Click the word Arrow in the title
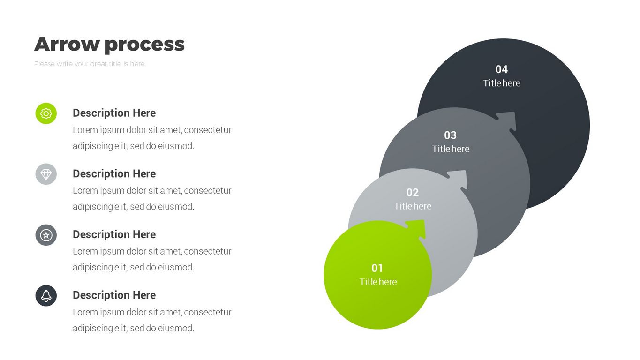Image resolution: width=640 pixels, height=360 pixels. coord(67,44)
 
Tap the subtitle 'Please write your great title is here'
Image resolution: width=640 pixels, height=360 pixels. coord(89,64)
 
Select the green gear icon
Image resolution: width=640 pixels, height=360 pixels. coord(46,113)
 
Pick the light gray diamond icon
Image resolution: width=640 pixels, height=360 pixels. coord(46,174)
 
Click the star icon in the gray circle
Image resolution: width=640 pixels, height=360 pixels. coord(46,235)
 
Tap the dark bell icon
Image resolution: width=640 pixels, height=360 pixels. coord(46,296)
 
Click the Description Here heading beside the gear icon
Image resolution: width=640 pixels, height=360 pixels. coord(114,113)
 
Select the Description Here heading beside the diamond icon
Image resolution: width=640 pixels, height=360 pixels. coord(114,174)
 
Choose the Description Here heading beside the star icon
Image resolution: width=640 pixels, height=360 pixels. coord(114,234)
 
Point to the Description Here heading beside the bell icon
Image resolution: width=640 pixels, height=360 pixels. coord(114,295)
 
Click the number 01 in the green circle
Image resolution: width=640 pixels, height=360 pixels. coord(377,268)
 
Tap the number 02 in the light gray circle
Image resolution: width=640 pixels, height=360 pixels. coord(412,192)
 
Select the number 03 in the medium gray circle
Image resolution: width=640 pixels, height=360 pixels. coord(450,135)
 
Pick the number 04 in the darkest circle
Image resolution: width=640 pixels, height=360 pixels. coord(502,69)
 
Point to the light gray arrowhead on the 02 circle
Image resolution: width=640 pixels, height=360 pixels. coord(459,179)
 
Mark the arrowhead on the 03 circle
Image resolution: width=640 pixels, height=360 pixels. coord(508,121)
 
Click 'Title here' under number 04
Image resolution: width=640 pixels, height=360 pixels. coord(502,83)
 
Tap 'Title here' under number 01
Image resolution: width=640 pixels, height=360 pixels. coord(378,282)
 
